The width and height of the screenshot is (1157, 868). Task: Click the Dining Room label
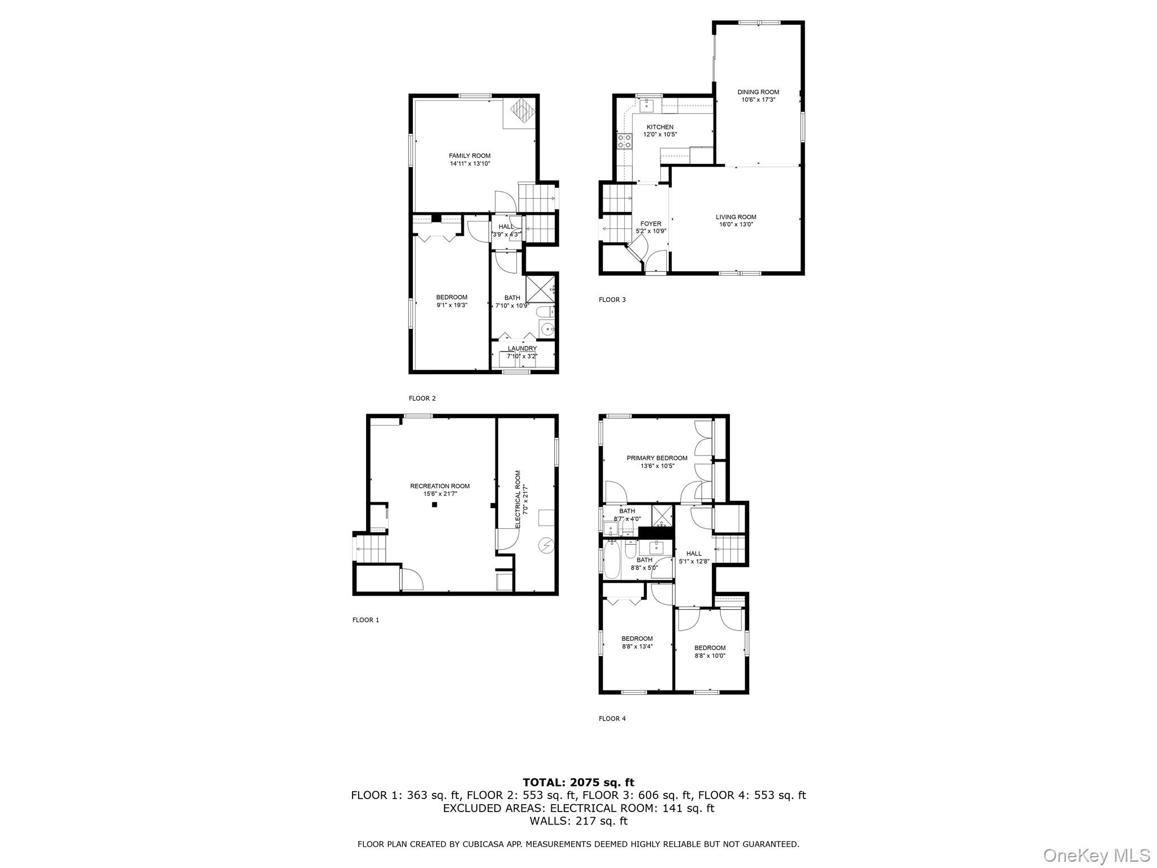(x=758, y=92)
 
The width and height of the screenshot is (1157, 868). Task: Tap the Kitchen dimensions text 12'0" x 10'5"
(x=660, y=134)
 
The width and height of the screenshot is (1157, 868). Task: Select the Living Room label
(x=736, y=217)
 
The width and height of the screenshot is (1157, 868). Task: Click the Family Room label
(x=469, y=156)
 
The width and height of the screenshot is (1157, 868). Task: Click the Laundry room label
(x=522, y=349)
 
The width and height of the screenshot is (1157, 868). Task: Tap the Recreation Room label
(x=440, y=486)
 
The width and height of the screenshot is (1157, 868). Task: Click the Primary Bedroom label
(x=657, y=458)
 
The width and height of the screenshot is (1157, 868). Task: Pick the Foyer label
(x=651, y=224)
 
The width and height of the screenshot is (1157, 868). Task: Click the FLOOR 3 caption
(x=612, y=300)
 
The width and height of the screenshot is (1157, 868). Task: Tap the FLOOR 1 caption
(x=366, y=620)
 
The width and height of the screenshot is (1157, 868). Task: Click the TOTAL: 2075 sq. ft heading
(x=578, y=783)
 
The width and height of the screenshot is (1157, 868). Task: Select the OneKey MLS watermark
(x=1095, y=855)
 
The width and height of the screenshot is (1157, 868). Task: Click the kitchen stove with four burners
(x=624, y=141)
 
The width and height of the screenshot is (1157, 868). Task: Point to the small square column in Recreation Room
(x=434, y=505)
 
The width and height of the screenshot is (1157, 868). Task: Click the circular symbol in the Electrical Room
(x=546, y=545)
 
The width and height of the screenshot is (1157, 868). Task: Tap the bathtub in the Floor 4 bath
(x=611, y=559)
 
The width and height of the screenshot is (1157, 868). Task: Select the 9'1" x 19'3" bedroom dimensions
(x=452, y=305)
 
